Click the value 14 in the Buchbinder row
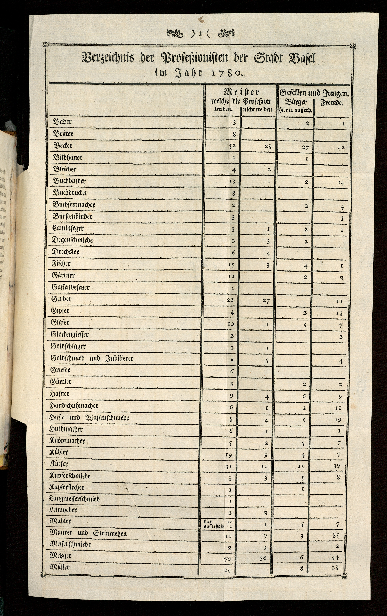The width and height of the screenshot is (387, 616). (x=341, y=183)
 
